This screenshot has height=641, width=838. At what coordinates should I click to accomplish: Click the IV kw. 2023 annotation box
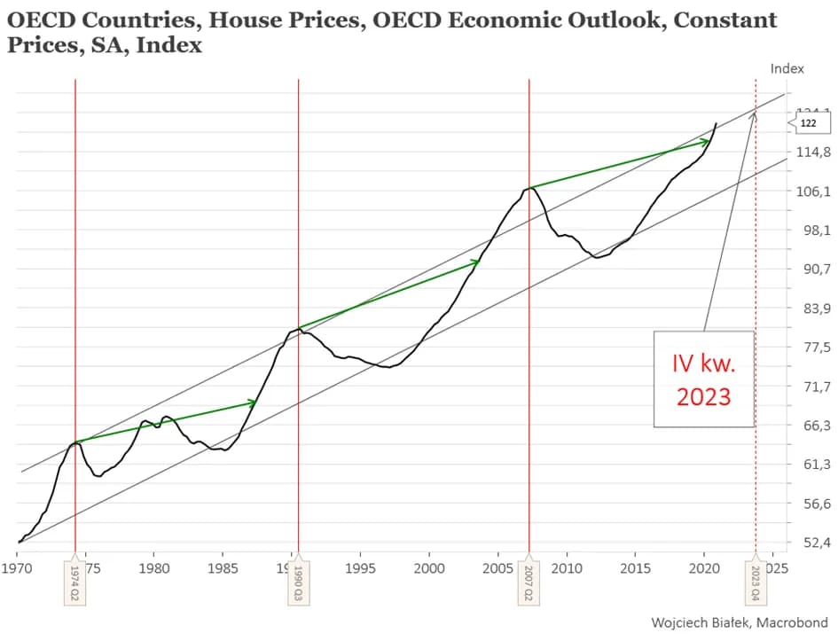tap(703, 379)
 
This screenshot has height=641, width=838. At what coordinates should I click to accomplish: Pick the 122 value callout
tap(808, 123)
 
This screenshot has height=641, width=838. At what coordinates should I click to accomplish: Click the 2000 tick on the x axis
tap(428, 566)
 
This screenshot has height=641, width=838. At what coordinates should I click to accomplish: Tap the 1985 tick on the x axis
tap(223, 566)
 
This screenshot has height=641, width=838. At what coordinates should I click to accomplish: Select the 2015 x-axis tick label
tap(635, 566)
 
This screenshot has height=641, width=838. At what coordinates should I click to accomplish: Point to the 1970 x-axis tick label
tap(18, 566)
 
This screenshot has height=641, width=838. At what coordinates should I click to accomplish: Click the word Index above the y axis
tap(787, 68)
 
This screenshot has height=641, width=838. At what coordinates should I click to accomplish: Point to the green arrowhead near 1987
tap(252, 403)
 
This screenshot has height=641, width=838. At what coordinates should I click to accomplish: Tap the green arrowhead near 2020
tap(705, 141)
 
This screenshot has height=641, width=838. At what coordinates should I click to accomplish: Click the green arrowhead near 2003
tap(475, 262)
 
